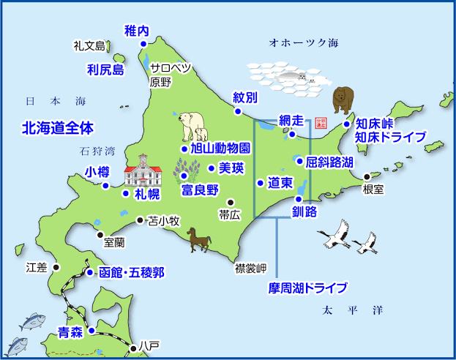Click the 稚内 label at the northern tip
(x=137, y=31)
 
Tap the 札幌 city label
(x=146, y=195)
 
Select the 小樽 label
(x=97, y=173)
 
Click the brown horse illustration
(x=198, y=239)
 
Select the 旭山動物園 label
(x=220, y=148)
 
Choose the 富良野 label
(x=200, y=190)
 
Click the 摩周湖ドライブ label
(x=307, y=288)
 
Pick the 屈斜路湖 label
(x=329, y=161)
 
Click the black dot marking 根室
(x=367, y=176)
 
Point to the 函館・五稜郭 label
(x=131, y=273)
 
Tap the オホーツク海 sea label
(x=304, y=42)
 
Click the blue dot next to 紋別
(x=238, y=111)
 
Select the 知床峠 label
(x=375, y=124)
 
